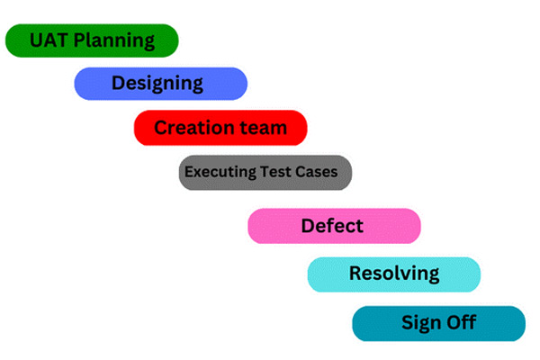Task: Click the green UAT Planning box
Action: pos(92,40)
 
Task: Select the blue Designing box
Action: pos(160,84)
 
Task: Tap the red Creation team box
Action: pos(220,128)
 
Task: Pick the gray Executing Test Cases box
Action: pos(265,172)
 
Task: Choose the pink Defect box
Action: pos(334,226)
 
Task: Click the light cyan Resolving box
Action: pos(393,274)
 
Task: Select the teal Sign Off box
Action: pos(438,323)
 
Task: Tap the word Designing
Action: pos(157,84)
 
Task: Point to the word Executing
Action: pos(217,171)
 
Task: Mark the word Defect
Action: pos(332,225)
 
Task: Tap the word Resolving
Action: pos(394,274)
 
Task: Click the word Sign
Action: pos(420,323)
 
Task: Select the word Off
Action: pos(461,322)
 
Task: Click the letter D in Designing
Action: pos(119,84)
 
